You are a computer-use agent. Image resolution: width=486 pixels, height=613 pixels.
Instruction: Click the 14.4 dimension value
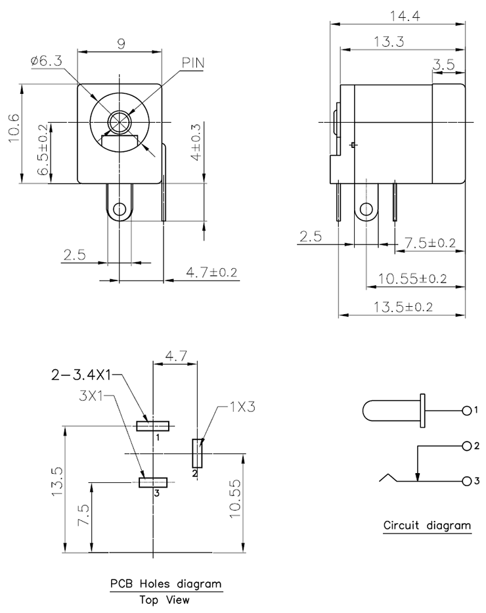pyautogui.click(x=405, y=16)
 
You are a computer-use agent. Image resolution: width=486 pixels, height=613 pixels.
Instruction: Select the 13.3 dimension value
pyautogui.click(x=388, y=41)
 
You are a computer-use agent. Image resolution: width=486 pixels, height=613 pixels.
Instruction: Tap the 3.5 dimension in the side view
pyautogui.click(x=444, y=64)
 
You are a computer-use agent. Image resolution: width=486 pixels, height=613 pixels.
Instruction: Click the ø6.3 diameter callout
pyautogui.click(x=46, y=60)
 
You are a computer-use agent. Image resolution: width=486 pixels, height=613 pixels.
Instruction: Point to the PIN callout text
pyautogui.click(x=193, y=62)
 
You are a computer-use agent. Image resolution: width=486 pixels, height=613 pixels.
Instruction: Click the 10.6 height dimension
pyautogui.click(x=13, y=128)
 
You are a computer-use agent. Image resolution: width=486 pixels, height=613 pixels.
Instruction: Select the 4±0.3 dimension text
pyautogui.click(x=196, y=142)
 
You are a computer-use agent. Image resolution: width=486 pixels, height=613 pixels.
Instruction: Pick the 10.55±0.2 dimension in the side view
pyautogui.click(x=412, y=279)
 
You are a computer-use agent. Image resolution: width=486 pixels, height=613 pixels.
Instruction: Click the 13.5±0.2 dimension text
pyautogui.click(x=403, y=306)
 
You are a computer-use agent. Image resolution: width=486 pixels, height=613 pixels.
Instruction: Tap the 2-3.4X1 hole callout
pyautogui.click(x=81, y=375)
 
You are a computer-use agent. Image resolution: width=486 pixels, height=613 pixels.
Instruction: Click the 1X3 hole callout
pyautogui.click(x=242, y=407)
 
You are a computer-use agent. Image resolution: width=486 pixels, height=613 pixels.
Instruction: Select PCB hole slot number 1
pyautogui.click(x=153, y=426)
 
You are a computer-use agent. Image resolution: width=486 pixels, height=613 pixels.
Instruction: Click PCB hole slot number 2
pyautogui.click(x=197, y=453)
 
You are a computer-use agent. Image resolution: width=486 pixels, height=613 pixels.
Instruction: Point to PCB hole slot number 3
pyautogui.click(x=153, y=482)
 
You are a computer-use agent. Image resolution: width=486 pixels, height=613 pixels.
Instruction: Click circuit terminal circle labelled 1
pyautogui.click(x=466, y=411)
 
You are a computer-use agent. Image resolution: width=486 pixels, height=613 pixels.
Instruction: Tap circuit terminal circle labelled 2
pyautogui.click(x=466, y=446)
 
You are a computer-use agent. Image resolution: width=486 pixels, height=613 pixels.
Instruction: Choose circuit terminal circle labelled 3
pyautogui.click(x=466, y=481)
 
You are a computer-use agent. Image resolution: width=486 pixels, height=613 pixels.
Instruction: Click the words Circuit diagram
pyautogui.click(x=427, y=525)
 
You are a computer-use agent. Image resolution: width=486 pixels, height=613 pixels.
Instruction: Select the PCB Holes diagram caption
pyautogui.click(x=166, y=583)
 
